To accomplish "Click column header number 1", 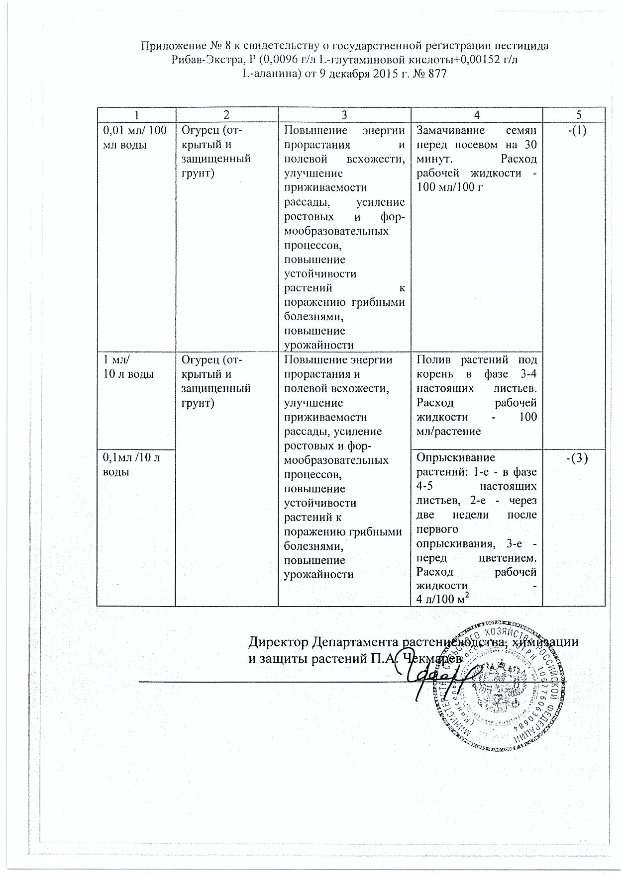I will point(136,115).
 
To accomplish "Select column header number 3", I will point(344,115).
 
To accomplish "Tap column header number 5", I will point(578,115).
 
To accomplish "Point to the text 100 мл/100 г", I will point(450,187).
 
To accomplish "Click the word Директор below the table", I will point(278,641).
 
